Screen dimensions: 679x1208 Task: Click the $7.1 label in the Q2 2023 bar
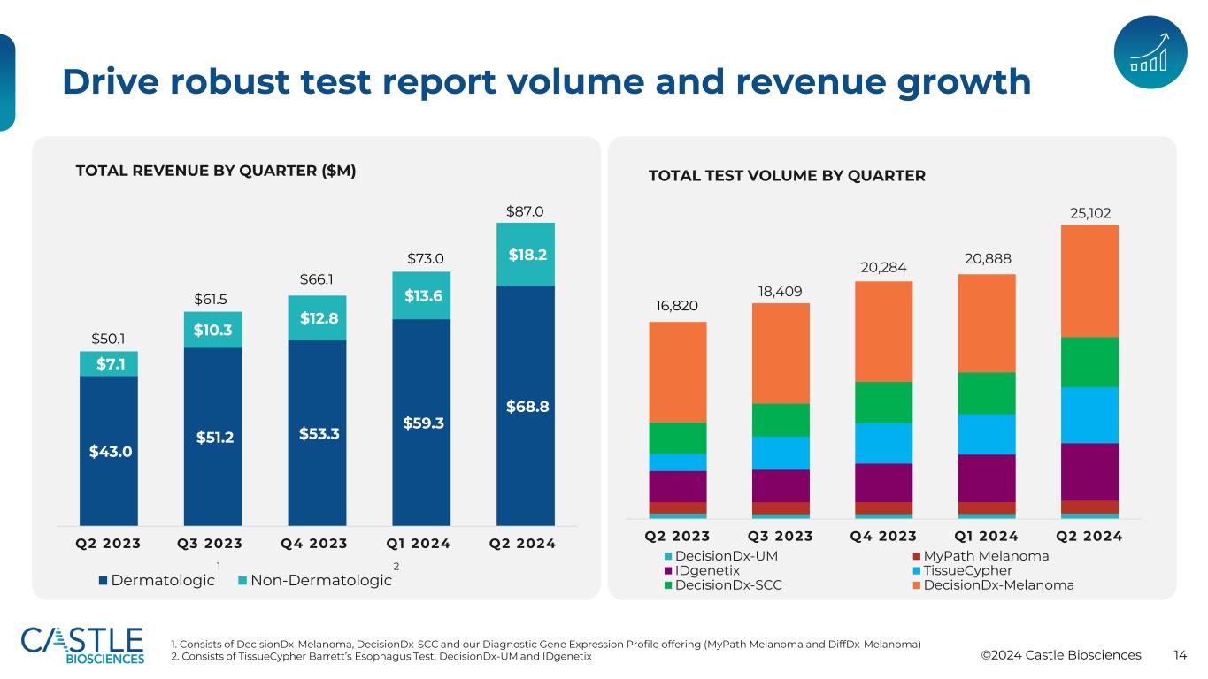click(x=108, y=363)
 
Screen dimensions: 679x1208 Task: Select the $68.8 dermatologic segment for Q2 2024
click(x=526, y=407)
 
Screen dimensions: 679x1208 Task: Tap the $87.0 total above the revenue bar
click(x=525, y=211)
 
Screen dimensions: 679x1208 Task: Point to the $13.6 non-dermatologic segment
click(x=421, y=294)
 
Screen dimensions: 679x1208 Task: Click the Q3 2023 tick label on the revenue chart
click(x=212, y=544)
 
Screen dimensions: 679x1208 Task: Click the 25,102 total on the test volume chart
click(x=1089, y=213)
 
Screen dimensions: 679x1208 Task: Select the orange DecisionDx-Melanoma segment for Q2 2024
click(x=1089, y=281)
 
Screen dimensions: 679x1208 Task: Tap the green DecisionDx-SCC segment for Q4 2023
click(x=883, y=402)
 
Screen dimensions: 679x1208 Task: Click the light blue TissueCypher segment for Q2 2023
click(x=677, y=462)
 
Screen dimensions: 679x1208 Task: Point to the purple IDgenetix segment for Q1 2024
click(x=986, y=478)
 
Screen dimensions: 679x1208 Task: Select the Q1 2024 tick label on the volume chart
click(x=985, y=537)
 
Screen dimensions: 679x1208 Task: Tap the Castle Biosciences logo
click(x=82, y=645)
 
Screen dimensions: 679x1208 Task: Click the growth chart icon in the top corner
click(x=1150, y=52)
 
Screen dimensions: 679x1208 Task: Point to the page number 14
click(x=1180, y=655)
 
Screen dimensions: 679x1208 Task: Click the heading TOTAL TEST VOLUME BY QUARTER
click(x=787, y=176)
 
